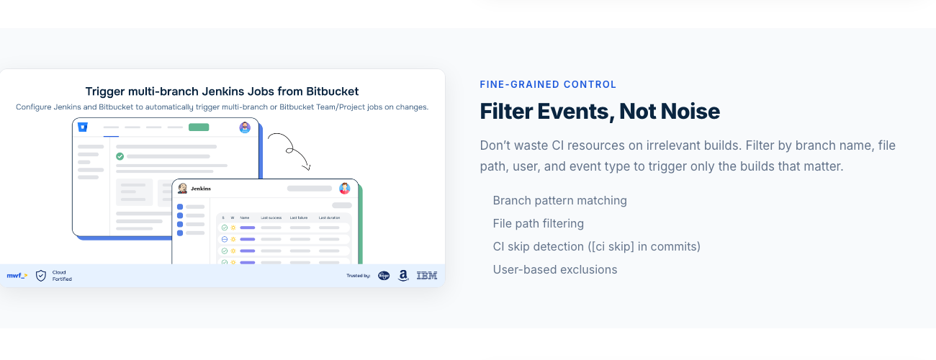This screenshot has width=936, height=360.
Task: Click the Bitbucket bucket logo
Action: [x=83, y=127]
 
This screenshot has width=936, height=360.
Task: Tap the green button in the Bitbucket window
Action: [x=199, y=127]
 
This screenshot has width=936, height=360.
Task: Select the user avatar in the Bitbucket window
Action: [x=245, y=127]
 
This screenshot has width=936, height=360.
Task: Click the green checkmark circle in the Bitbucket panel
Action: [x=120, y=156]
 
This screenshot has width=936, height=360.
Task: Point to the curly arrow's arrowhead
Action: [x=308, y=168]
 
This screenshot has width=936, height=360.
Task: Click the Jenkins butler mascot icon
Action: [x=183, y=189]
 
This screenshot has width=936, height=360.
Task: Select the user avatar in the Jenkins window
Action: [x=345, y=189]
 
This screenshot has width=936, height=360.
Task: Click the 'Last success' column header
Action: [x=271, y=217]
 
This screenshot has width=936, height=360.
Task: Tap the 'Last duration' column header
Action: [x=329, y=217]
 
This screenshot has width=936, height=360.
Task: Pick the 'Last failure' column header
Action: [x=300, y=217]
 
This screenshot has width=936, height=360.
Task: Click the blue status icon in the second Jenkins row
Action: [x=225, y=239]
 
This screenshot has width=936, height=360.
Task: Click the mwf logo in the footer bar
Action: [x=17, y=275]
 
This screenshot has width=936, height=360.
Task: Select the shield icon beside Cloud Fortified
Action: [x=41, y=275]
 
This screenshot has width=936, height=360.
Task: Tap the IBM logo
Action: [x=427, y=275]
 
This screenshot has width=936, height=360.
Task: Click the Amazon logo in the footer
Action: [x=403, y=275]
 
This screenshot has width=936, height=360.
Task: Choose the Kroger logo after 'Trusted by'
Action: [x=384, y=275]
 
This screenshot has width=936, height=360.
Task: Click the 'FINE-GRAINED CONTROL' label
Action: [x=548, y=84]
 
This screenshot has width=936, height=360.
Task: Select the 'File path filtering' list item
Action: [x=538, y=223]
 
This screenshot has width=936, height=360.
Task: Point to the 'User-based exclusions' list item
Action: [x=554, y=269]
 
